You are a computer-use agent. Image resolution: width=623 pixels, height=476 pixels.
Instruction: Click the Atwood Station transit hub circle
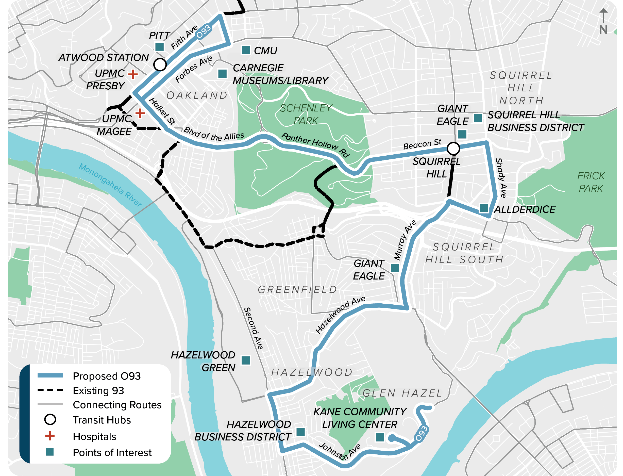(160, 64)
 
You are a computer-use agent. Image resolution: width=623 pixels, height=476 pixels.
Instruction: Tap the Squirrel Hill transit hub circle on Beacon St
(453, 148)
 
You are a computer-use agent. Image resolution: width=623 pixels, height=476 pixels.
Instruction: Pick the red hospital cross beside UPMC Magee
(140, 113)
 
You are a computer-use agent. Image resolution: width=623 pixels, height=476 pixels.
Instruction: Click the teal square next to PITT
(159, 46)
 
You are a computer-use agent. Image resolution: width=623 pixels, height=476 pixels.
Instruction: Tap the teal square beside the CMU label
(245, 50)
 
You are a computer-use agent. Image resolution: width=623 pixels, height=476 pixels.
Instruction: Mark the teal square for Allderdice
(484, 208)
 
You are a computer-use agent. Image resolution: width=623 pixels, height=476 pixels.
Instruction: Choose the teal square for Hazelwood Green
(245, 360)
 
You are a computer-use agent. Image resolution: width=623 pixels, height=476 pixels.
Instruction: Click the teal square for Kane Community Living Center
(379, 437)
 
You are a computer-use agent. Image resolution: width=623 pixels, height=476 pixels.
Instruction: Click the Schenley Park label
(306, 114)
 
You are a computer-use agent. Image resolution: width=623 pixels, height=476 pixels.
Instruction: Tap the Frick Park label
(591, 182)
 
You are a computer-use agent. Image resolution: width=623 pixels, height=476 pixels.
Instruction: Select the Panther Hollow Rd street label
(315, 144)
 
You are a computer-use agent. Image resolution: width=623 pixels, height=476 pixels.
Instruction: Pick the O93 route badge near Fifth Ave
(204, 31)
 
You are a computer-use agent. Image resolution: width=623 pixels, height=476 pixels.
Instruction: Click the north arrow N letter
(603, 30)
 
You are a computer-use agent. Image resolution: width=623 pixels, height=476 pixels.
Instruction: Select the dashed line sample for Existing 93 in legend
(50, 390)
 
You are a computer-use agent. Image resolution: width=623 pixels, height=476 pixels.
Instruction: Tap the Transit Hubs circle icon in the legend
(50, 419)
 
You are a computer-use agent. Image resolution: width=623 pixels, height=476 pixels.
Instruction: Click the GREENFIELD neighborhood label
(297, 290)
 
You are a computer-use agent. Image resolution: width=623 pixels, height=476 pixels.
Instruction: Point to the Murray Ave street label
(405, 240)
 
